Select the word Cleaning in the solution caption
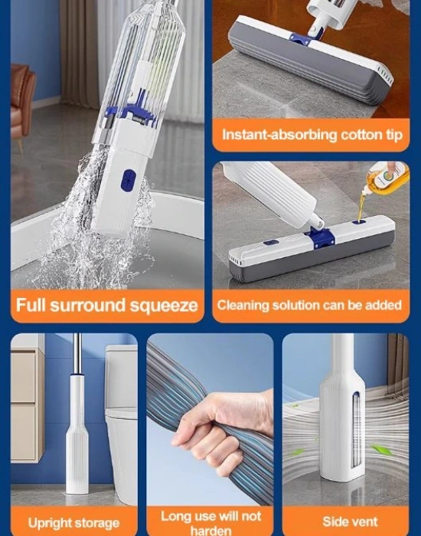[243, 305]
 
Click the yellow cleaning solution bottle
[386, 179]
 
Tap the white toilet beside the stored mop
[121, 413]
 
